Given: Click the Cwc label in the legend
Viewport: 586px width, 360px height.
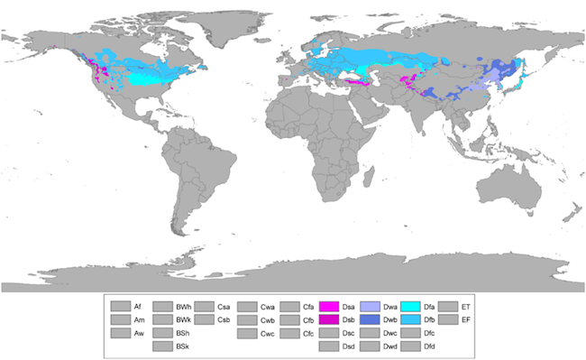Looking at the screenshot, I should tap(267, 334).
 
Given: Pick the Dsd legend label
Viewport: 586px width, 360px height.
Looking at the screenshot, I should tap(348, 346).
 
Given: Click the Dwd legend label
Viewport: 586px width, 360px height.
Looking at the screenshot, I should tap(389, 346).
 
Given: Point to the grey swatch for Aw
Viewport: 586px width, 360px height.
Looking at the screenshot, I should tap(120, 334).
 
